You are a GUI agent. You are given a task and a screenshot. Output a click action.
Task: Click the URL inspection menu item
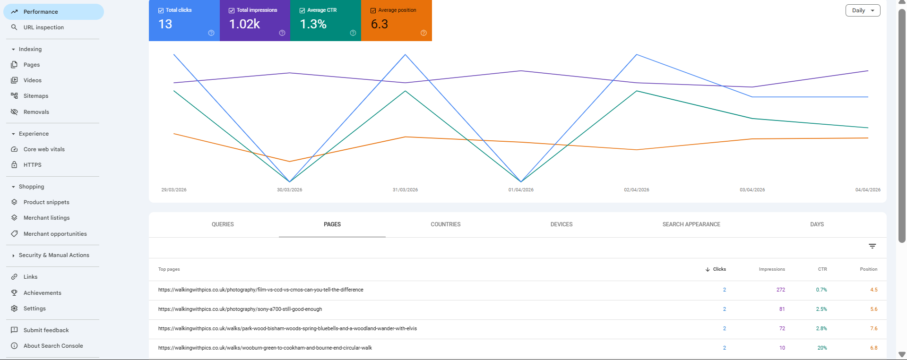coord(43,27)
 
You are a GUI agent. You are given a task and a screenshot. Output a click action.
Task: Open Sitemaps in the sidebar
coord(36,96)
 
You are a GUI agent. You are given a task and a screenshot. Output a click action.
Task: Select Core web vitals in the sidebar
coord(44,149)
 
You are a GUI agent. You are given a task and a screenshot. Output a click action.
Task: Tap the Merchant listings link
coord(46,218)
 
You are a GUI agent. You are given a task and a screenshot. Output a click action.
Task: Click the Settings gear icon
coord(14,309)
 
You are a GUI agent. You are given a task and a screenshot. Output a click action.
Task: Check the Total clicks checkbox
coord(161,10)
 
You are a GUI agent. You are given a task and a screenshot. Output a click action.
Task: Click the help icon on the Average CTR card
coord(353,33)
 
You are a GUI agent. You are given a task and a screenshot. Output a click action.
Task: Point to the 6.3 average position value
coord(379,24)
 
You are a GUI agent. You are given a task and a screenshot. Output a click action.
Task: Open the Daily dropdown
coord(863,10)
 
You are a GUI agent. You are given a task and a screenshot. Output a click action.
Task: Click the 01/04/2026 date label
coord(521,190)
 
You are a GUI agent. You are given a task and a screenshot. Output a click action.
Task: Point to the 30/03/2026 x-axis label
coord(289,190)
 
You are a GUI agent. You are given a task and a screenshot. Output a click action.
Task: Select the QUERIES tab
coord(223,224)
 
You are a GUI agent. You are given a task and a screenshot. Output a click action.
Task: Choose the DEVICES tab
coord(561,224)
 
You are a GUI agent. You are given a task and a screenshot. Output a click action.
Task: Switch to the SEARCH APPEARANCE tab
coord(691,224)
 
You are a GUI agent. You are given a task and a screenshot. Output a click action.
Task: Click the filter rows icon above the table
coord(872,246)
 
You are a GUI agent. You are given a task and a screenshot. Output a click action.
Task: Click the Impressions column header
coord(771,269)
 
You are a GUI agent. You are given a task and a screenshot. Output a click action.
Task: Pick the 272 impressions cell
coord(780,290)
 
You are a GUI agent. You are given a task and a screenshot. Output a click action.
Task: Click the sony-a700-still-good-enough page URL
coord(240,309)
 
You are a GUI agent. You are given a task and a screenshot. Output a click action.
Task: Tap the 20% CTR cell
coord(822,348)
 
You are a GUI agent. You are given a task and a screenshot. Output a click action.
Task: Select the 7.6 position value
coord(873,329)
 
